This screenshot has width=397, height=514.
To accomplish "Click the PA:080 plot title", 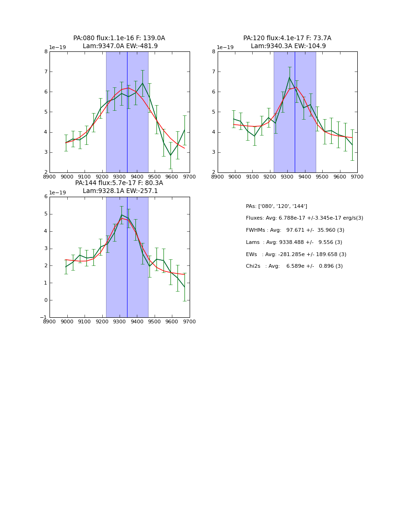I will (x=119, y=42).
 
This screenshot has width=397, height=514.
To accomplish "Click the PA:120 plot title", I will (x=287, y=42).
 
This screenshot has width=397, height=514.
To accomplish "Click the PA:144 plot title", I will (x=119, y=187).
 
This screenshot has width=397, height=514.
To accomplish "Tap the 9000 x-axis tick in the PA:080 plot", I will (x=67, y=177).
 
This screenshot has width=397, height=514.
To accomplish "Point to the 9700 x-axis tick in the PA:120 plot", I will (x=357, y=177).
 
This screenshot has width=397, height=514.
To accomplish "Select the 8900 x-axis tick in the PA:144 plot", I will (x=50, y=321).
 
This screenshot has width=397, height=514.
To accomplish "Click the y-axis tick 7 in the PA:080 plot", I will (x=46, y=72).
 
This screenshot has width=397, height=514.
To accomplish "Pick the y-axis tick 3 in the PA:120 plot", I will (x=214, y=152).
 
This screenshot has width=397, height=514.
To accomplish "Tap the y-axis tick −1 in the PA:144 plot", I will (x=44, y=318).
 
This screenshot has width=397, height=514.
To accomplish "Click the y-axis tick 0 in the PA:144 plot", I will (x=45, y=300).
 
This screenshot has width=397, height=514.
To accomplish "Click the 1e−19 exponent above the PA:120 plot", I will (x=226, y=48).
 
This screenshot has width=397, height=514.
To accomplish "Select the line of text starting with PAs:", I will (x=276, y=206).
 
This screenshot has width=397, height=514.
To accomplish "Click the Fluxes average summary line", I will (x=304, y=218).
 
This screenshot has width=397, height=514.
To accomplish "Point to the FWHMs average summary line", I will (x=295, y=230).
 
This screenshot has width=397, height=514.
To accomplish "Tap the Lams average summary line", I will (x=294, y=243).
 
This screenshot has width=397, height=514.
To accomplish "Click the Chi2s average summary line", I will (x=294, y=266).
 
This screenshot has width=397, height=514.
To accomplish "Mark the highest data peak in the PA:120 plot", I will (x=290, y=77).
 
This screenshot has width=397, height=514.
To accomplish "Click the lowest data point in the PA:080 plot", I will (x=170, y=156).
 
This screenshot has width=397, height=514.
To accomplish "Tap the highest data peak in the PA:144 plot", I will (x=121, y=215).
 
